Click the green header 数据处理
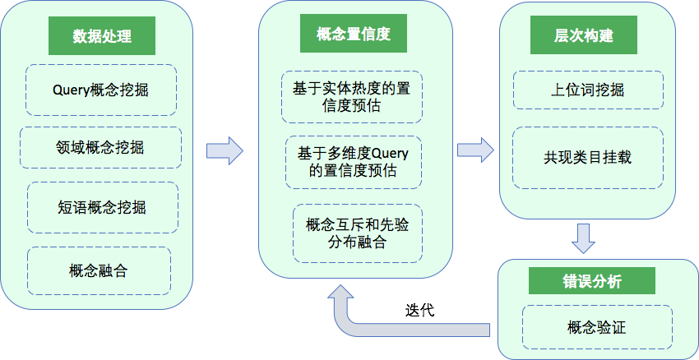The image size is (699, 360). [102, 37]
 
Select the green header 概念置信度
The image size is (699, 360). [353, 35]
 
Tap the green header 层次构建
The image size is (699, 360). [584, 37]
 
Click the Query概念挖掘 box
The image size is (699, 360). [100, 90]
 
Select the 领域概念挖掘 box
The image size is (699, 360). [100, 148]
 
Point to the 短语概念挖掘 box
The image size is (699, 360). [102, 206]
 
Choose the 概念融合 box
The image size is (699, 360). [99, 270]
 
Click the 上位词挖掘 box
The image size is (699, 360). [587, 90]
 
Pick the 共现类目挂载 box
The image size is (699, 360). [587, 156]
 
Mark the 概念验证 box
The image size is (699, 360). [596, 328]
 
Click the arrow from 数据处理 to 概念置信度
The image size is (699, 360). [225, 150]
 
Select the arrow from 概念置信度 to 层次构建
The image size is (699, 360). [475, 150]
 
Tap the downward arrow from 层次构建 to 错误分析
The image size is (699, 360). [584, 238]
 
